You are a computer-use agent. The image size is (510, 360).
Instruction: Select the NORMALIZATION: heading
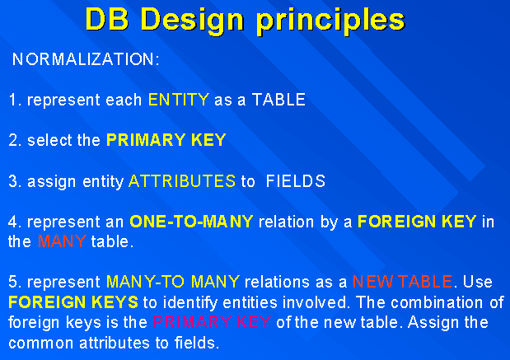pos(86,60)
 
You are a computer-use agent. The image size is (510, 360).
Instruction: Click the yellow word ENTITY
pos(179,101)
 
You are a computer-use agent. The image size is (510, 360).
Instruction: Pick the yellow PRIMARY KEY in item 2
pos(166,140)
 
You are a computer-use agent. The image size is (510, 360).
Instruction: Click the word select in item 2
pos(50,140)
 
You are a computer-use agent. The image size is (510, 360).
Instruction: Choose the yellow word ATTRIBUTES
pos(182,181)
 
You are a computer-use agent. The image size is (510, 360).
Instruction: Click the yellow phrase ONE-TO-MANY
pos(192,222)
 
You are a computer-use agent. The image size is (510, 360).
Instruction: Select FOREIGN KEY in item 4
pos(417,222)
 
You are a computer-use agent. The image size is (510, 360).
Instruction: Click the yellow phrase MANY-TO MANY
pos(172,282)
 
